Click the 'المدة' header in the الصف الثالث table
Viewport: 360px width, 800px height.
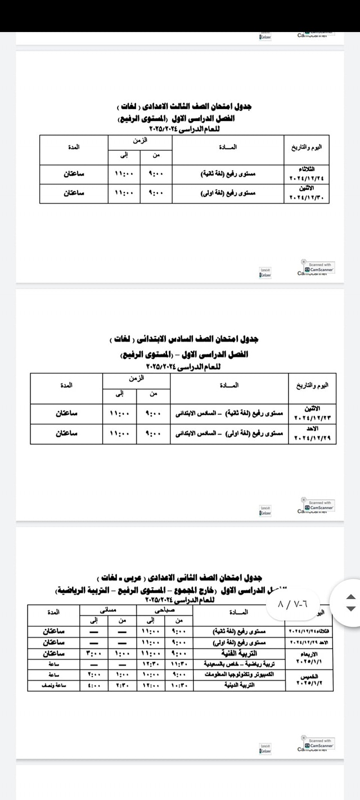click(74, 147)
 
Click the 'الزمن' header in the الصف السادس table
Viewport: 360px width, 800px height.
click(136, 379)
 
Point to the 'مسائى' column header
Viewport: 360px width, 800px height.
click(106, 609)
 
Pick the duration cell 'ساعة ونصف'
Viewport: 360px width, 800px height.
click(54, 685)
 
